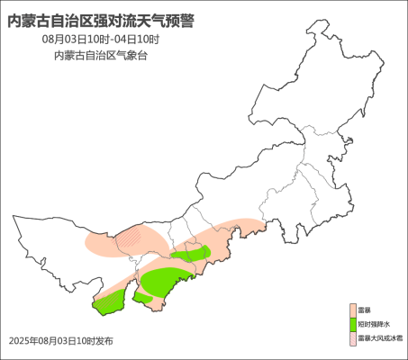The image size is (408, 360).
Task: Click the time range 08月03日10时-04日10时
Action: (101, 40)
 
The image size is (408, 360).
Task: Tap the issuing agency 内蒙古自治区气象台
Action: (101, 56)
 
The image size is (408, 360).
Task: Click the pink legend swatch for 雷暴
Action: (352, 310)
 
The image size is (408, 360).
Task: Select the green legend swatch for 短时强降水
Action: (352, 324)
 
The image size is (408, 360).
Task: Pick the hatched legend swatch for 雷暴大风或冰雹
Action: (352, 338)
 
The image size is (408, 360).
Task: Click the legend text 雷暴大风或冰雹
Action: (380, 338)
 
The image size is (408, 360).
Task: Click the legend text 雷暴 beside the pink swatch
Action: (364, 310)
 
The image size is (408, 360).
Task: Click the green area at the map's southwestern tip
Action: (107, 303)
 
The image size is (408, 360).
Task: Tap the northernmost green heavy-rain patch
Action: (189, 256)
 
